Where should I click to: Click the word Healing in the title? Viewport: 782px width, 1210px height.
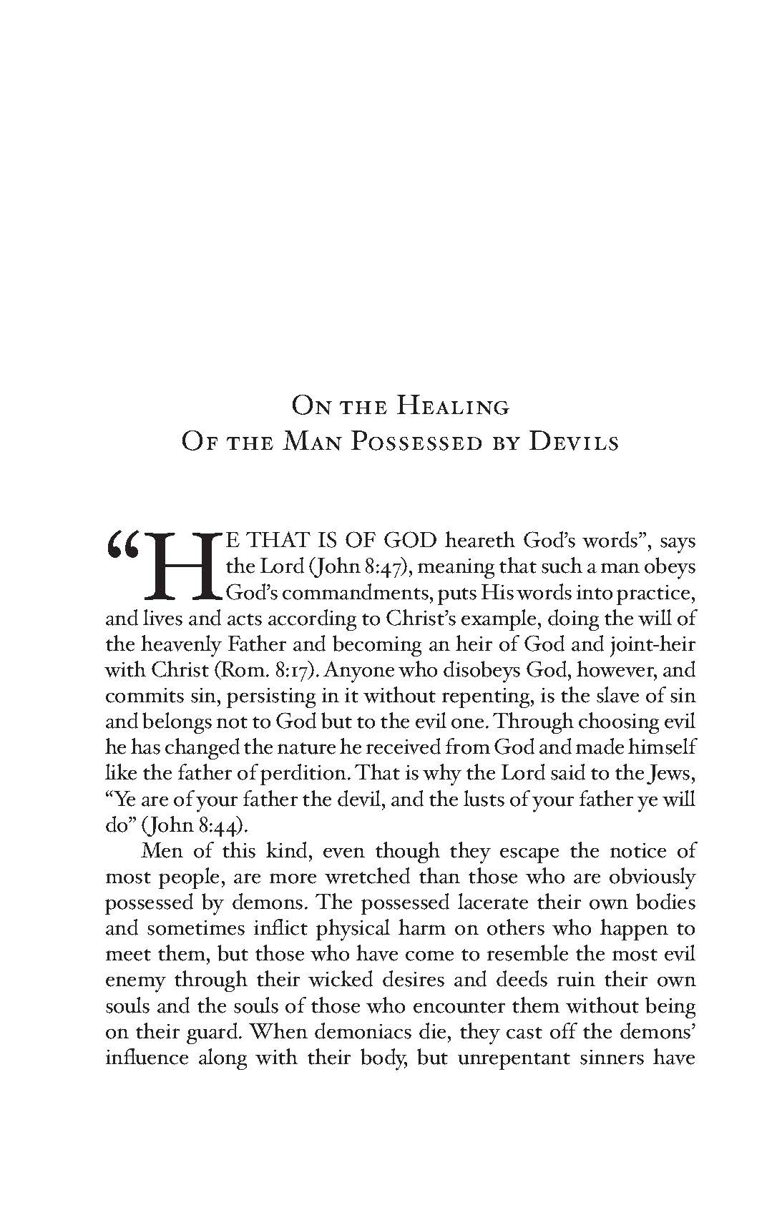click(x=453, y=408)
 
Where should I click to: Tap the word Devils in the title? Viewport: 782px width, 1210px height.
click(x=573, y=443)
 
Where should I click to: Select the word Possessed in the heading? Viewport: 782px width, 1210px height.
click(x=419, y=443)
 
